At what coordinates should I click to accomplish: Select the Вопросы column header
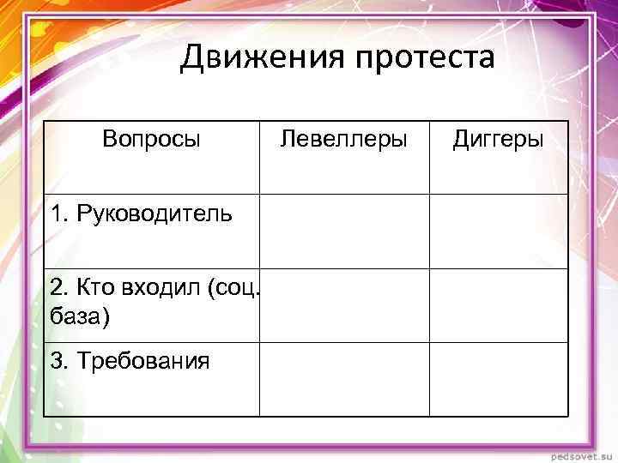pos(151,139)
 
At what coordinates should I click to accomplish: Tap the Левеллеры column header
pos(344,139)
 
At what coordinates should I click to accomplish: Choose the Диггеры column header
pos(498,139)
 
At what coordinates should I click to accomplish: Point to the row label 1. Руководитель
pos(141,213)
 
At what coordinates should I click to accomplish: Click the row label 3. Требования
pos(130,361)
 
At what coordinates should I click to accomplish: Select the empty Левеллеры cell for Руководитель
pos(344,231)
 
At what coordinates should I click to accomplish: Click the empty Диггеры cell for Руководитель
pos(498,231)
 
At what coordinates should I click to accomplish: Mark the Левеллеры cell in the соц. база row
pos(344,305)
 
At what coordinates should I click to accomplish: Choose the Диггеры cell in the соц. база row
pos(498,305)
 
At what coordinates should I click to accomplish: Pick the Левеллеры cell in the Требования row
pos(344,379)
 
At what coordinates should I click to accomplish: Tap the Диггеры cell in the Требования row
pos(498,379)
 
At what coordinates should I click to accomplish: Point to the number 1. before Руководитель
pos(59,213)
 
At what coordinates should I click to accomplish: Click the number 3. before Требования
pos(59,361)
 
